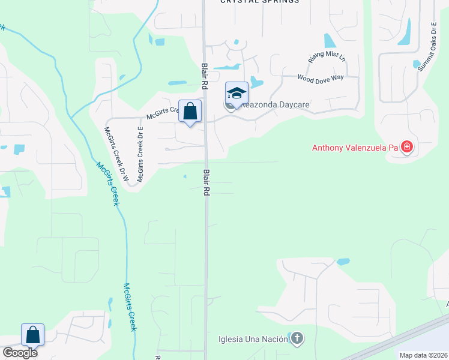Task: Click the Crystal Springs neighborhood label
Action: tap(259, 2)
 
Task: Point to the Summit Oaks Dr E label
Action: tap(427, 47)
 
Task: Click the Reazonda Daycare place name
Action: tap(276, 104)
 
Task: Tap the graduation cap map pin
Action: tap(237, 94)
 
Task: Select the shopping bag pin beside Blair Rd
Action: tap(190, 112)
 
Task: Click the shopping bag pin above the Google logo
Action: tap(32, 335)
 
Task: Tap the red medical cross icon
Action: tap(407, 146)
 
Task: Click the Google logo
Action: tap(20, 353)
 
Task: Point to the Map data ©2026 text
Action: tap(423, 355)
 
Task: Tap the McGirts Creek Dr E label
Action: tap(140, 154)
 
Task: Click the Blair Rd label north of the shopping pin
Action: tap(205, 77)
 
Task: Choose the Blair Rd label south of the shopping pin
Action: tap(206, 183)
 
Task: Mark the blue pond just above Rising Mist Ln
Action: tap(330, 40)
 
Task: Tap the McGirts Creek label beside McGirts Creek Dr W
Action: tap(109, 183)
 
